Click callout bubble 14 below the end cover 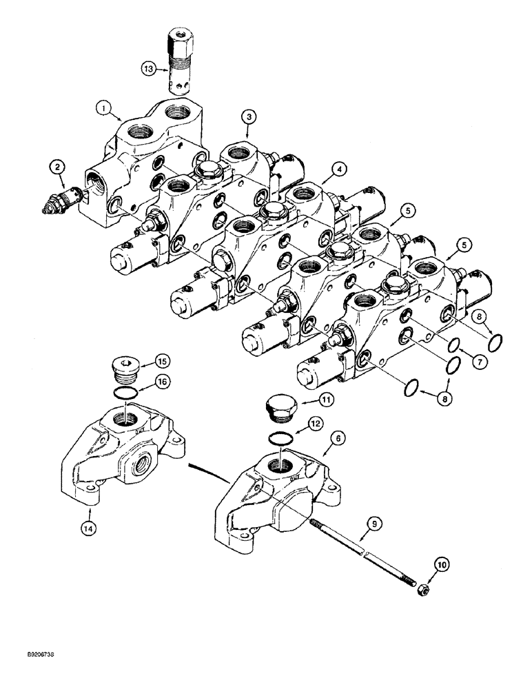point(92,528)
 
